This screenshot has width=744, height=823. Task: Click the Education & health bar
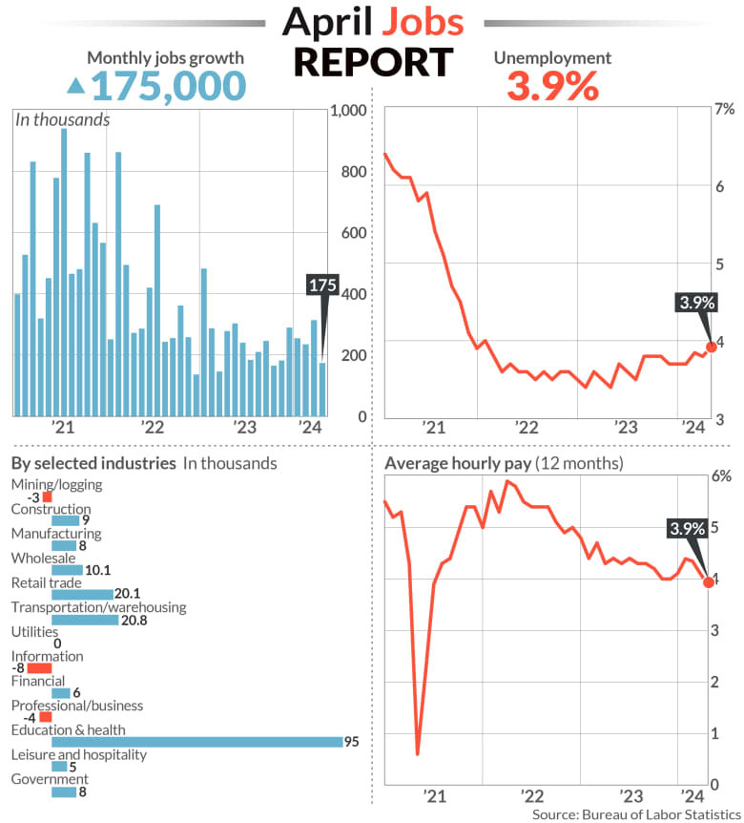point(196,742)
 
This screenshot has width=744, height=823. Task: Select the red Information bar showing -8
point(39,668)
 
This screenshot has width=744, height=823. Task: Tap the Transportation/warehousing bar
point(85,620)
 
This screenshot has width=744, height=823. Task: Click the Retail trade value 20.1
point(129,595)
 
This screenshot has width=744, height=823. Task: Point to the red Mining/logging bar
point(47,497)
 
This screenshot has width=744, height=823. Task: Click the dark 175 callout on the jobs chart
point(322,285)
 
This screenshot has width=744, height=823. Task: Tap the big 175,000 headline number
point(169,86)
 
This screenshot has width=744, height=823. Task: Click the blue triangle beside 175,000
point(75,87)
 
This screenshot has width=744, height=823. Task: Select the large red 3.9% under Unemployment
point(552,87)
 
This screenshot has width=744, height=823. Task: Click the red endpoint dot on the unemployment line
point(711,347)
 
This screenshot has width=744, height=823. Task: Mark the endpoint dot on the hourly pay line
point(709,581)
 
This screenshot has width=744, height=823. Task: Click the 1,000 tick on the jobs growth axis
point(347,111)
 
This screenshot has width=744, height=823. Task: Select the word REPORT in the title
point(372,62)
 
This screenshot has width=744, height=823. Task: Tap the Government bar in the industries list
point(64,791)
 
